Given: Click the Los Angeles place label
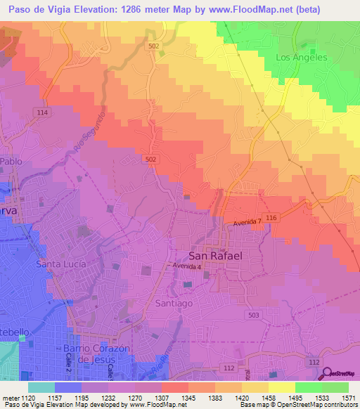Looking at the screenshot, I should click(x=302, y=57).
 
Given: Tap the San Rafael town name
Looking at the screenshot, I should click(x=216, y=256).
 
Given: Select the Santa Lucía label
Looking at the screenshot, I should click(x=60, y=264).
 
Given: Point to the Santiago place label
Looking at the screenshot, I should click(x=174, y=303).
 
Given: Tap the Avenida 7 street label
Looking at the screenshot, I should click(x=247, y=223).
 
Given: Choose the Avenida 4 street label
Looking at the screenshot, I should click(x=188, y=267).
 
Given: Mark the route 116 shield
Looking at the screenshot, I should click(x=272, y=220).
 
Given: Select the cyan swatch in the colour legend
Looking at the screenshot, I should click(x=41, y=387).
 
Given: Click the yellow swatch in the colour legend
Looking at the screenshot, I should click(x=281, y=387).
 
